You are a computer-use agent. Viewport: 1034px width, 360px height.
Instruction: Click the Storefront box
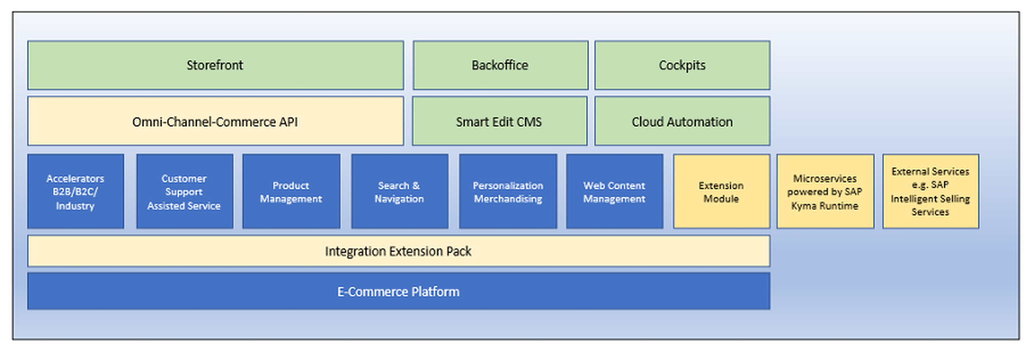tap(216, 65)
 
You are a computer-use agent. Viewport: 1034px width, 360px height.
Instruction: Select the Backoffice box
tap(500, 65)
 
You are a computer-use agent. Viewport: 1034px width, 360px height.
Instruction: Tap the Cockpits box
tap(682, 65)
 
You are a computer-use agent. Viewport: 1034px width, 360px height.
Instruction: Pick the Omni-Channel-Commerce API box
tap(216, 121)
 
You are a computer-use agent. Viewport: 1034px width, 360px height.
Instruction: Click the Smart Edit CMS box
tap(499, 121)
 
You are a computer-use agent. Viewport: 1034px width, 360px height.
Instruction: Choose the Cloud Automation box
tap(682, 121)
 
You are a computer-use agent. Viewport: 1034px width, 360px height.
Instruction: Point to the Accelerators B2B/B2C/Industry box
tap(75, 191)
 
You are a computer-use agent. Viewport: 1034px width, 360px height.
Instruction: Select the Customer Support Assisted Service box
tap(184, 191)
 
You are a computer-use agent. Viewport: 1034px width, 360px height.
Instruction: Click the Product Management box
tap(291, 191)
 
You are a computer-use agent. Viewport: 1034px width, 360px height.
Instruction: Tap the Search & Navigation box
tap(400, 191)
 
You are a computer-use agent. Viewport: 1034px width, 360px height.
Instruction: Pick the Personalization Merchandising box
tap(508, 191)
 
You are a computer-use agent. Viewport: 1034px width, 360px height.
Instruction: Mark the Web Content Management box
tap(614, 191)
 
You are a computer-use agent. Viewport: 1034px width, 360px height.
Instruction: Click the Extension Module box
tap(721, 191)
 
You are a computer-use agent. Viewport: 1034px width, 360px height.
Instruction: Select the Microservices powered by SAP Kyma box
tap(825, 191)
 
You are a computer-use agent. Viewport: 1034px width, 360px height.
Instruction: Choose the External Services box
tap(930, 191)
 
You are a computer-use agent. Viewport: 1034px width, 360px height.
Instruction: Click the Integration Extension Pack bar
tap(398, 251)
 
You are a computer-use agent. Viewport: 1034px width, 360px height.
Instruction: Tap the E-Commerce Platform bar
tap(398, 291)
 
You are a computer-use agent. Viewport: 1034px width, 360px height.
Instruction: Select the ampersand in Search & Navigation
tap(416, 185)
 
